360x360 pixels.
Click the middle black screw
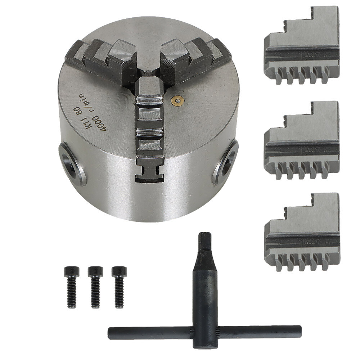pyautogui.click(x=95, y=287)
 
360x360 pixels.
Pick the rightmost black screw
pyautogui.click(x=119, y=287)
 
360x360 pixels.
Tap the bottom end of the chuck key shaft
pyautogui.click(x=205, y=344)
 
